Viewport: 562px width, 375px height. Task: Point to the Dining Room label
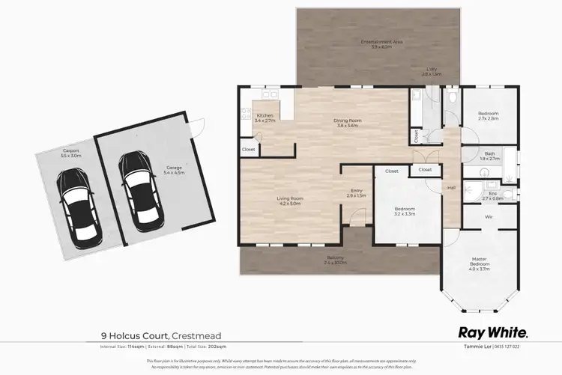(x=348, y=123)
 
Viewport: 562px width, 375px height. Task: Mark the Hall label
(x=451, y=188)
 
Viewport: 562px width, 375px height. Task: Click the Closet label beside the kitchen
(x=249, y=148)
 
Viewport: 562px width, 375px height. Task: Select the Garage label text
(x=174, y=169)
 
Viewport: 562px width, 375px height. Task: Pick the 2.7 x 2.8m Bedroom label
(x=488, y=116)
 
